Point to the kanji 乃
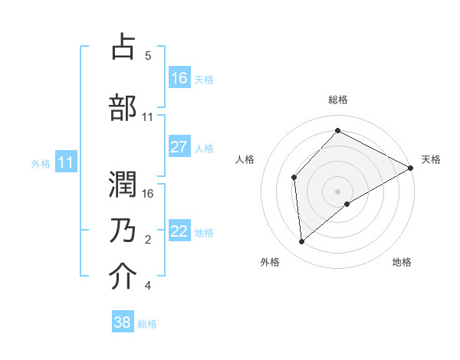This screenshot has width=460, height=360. (x=123, y=229)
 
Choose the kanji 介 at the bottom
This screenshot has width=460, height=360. (x=123, y=277)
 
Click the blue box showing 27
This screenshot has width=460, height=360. (x=179, y=148)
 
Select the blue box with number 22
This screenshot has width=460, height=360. (x=179, y=232)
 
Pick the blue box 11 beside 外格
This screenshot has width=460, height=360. (x=66, y=162)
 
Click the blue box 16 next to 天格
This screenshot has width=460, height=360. (x=179, y=78)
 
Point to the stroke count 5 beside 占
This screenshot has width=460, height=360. (x=147, y=56)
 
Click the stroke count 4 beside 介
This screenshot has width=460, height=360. (x=147, y=286)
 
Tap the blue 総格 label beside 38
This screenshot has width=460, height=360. (x=147, y=324)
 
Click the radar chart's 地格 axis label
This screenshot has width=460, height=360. (x=402, y=262)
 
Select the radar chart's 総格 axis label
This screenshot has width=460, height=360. (x=338, y=100)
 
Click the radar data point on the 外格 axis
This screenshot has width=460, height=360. (x=302, y=242)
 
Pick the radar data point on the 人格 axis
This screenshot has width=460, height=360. (x=294, y=178)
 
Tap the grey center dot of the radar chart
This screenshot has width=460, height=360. (x=338, y=191)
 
